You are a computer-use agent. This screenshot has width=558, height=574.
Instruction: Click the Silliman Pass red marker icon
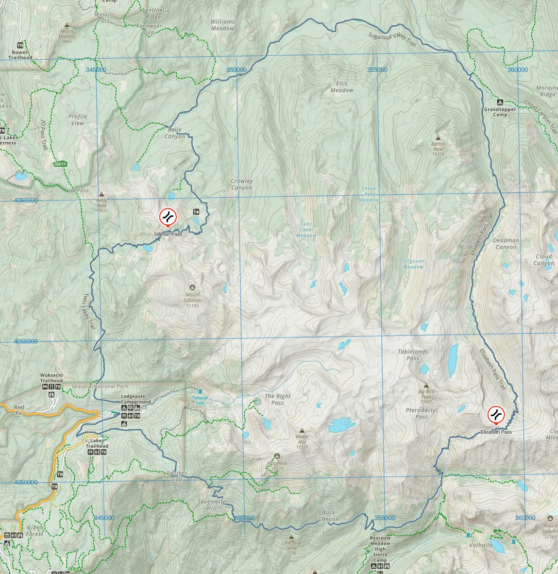pos(168,217)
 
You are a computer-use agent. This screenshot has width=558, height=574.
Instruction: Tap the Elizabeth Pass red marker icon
pos(496,415)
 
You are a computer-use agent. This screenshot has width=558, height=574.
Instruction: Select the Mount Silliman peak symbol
pos(192,287)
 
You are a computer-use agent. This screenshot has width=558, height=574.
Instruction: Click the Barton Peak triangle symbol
pos(438,138)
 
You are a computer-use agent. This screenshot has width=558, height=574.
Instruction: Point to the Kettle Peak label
pos(101,206)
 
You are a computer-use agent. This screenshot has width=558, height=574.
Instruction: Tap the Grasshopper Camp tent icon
pos(500,102)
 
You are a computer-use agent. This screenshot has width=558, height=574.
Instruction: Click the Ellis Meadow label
pos(342,87)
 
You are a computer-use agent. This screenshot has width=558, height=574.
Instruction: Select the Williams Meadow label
pos(222,25)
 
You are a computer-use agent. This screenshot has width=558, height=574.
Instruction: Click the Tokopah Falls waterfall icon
pos(200,391)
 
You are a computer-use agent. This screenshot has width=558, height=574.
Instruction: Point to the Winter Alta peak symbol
pos(302,431)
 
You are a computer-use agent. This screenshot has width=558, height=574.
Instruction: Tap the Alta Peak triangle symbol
pos(277,456)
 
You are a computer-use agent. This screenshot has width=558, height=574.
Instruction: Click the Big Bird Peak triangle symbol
pos(426,386)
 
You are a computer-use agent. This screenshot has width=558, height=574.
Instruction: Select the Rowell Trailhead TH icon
pos(20,46)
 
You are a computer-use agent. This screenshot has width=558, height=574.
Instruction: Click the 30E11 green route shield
pos(60,164)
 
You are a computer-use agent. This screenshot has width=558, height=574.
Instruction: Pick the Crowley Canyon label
pos(241,185)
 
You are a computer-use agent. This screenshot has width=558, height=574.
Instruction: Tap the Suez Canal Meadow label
pos(306,230)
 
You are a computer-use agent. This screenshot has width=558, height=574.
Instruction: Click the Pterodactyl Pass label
pos(422,413)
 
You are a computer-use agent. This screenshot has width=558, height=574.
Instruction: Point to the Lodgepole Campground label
pos(136,399)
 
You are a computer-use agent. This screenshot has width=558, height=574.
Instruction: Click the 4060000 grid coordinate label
pos(25,200)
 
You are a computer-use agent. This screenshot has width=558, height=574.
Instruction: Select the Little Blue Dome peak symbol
pos(291,537)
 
